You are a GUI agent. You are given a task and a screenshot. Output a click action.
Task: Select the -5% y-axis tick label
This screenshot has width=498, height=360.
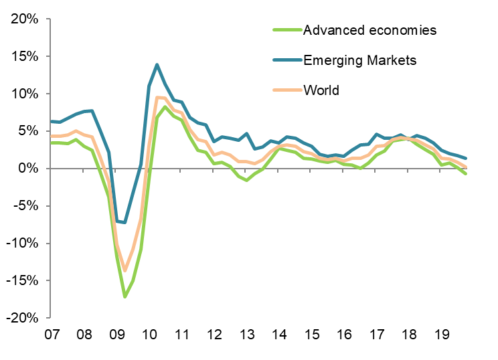point(27,205)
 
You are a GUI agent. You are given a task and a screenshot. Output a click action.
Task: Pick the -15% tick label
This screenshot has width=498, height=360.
point(23,280)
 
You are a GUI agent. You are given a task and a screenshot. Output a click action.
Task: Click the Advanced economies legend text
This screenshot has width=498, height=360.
point(369,30)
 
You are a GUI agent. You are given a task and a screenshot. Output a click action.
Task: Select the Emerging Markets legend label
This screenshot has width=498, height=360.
point(360,60)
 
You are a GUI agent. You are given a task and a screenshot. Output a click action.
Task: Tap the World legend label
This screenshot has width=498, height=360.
point(321,90)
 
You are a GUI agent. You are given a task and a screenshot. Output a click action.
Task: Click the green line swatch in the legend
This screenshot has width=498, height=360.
point(286,30)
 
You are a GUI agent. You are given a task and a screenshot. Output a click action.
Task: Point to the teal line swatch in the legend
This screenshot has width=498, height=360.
point(286,60)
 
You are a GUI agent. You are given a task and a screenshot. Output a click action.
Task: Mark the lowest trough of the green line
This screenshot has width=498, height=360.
point(124,296)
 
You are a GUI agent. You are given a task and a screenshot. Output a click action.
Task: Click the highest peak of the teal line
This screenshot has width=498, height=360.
point(157,65)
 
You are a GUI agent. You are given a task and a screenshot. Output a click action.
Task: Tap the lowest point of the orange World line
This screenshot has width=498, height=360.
point(124,270)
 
